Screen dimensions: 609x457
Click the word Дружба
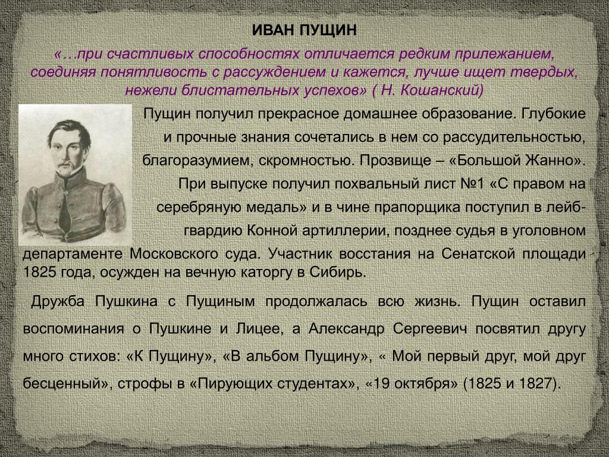click(58, 302)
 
